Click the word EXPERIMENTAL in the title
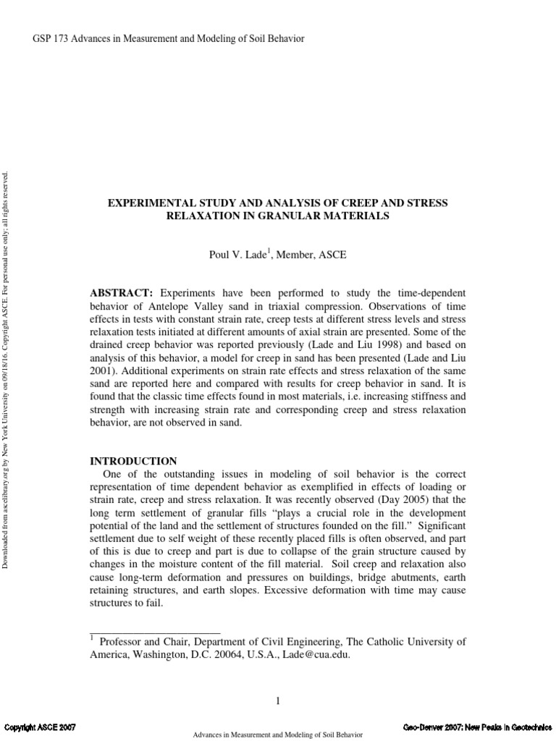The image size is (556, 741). point(148,203)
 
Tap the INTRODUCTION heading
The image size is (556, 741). point(132,460)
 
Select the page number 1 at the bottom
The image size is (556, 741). point(277,700)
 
